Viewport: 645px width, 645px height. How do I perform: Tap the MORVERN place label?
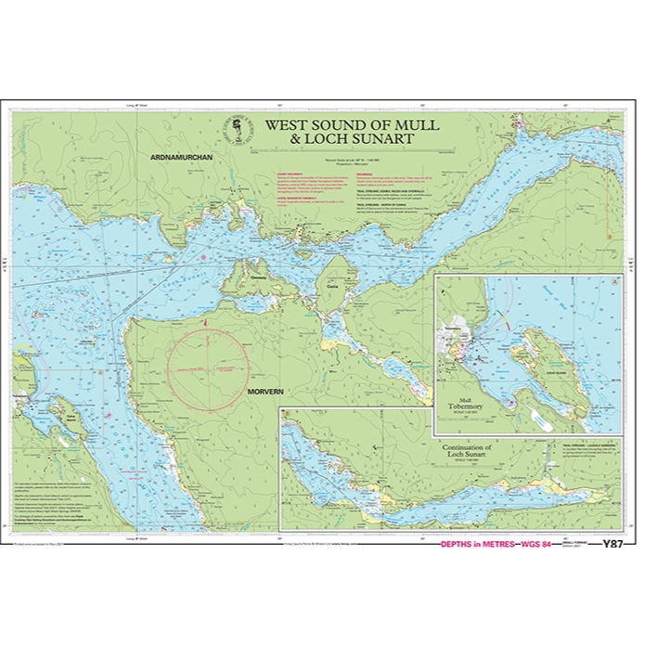(x=265, y=392)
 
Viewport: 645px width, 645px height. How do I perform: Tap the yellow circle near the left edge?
(x=22, y=353)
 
